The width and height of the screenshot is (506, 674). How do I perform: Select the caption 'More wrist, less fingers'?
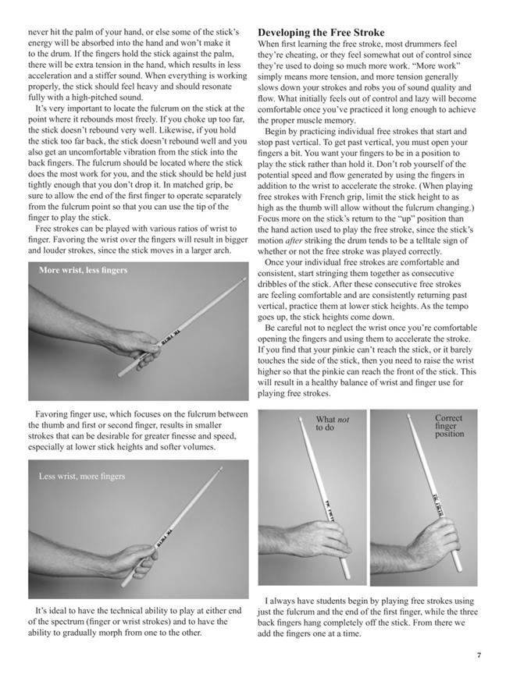(x=82, y=270)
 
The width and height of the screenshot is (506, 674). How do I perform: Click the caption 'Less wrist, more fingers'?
(x=82, y=476)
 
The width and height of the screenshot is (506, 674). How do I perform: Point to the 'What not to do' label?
(x=333, y=424)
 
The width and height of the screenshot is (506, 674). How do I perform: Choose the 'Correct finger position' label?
(x=448, y=426)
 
